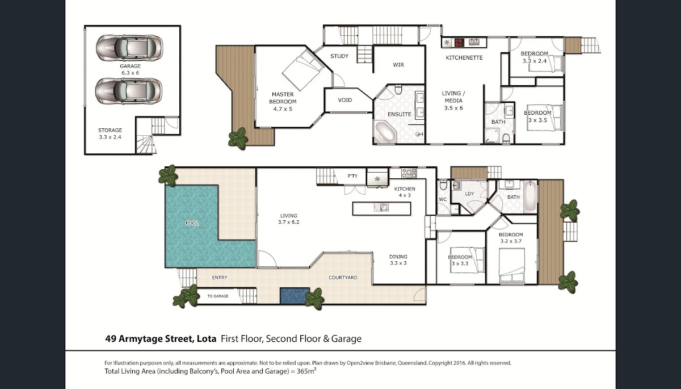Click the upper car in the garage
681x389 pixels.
tap(129, 48)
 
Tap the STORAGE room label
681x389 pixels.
tap(110, 130)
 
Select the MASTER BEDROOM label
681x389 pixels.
tap(283, 98)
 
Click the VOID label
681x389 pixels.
tap(345, 100)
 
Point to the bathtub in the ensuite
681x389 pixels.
tap(385, 132)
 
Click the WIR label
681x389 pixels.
tap(398, 65)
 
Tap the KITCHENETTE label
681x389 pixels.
tap(464, 58)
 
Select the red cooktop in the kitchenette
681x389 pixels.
tap(459, 42)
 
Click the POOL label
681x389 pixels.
tap(192, 223)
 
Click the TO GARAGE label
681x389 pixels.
tap(218, 296)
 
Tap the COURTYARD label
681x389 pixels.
tap(343, 277)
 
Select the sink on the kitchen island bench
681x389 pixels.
tap(381, 207)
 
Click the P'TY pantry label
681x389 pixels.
tap(352, 176)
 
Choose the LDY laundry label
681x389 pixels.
tap(469, 194)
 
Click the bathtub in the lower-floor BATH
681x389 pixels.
tap(530, 196)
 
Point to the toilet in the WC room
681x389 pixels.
tap(443, 185)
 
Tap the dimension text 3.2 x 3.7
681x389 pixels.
tap(511, 241)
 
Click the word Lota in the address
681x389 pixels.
tap(207, 338)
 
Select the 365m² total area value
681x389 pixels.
tap(306, 371)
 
